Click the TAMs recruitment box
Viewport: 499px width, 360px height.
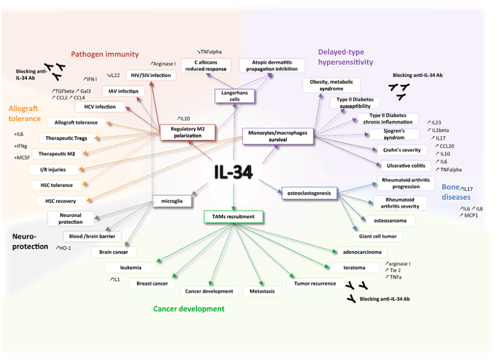click(x=233, y=217)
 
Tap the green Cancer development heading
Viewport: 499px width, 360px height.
click(x=189, y=308)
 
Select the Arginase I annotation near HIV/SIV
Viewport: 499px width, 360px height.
click(x=163, y=64)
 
